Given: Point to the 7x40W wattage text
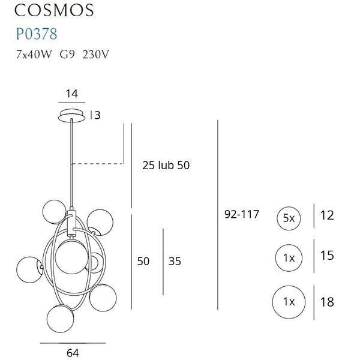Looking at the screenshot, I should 34,54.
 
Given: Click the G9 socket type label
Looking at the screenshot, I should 68,54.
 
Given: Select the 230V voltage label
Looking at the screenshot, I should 95,54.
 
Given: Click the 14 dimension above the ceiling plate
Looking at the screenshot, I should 72,94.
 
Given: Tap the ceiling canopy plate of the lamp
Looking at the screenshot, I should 73,115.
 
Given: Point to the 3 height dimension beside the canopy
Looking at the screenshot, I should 97,116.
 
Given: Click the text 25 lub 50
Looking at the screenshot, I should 166,165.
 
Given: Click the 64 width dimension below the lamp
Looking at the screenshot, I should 73,353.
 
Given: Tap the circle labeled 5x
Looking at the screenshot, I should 289,218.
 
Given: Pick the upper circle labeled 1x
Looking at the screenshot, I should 289,258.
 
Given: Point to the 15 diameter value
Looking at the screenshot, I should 327,256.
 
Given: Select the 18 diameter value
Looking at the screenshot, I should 327,302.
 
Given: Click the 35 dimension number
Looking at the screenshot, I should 175,262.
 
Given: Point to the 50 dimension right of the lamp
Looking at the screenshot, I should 143,261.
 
